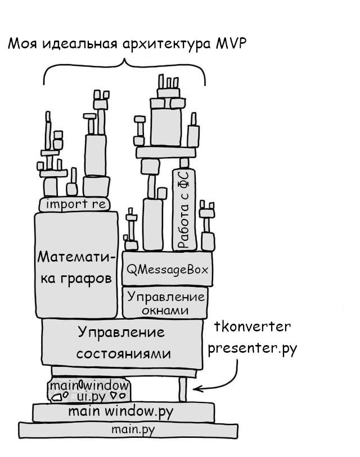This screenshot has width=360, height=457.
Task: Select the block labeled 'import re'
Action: pos(75,204)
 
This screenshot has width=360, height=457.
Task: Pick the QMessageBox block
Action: pos(166,270)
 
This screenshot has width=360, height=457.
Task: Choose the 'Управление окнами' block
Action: pos(164,303)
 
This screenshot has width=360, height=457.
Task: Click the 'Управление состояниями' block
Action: pos(122,342)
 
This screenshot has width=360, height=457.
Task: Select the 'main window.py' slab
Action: pos(123,412)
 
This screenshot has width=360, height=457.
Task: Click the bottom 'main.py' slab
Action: pos(133,430)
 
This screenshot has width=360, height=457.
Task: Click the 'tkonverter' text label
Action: pos(253,327)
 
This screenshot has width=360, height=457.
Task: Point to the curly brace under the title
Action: pos(125,68)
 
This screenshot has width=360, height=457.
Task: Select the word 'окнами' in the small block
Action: pos(164,310)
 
